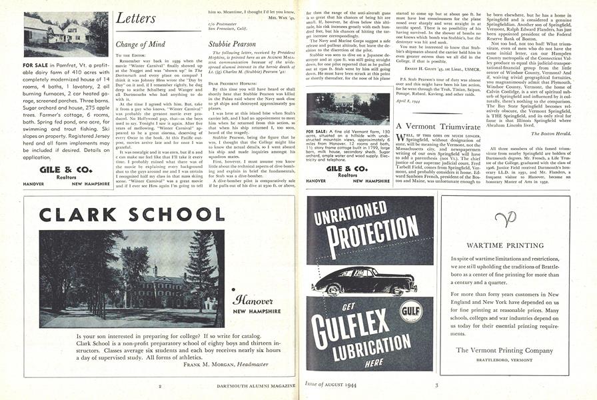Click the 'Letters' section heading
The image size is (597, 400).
point(136,19)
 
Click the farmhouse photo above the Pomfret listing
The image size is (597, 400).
point(65,34)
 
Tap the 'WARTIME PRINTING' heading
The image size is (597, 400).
point(504,245)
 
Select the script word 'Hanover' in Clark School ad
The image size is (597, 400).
point(251,300)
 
